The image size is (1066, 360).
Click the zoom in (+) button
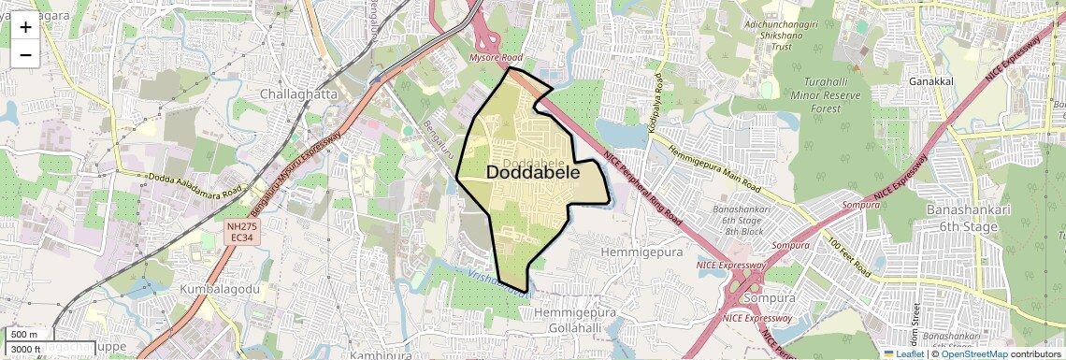tap(25, 27)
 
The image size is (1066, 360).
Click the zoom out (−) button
tap(25, 54)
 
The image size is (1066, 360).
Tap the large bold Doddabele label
tap(533, 173)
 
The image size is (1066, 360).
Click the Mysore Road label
tap(497, 58)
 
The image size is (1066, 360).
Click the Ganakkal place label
tap(930, 81)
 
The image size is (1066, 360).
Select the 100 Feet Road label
tap(849, 252)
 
